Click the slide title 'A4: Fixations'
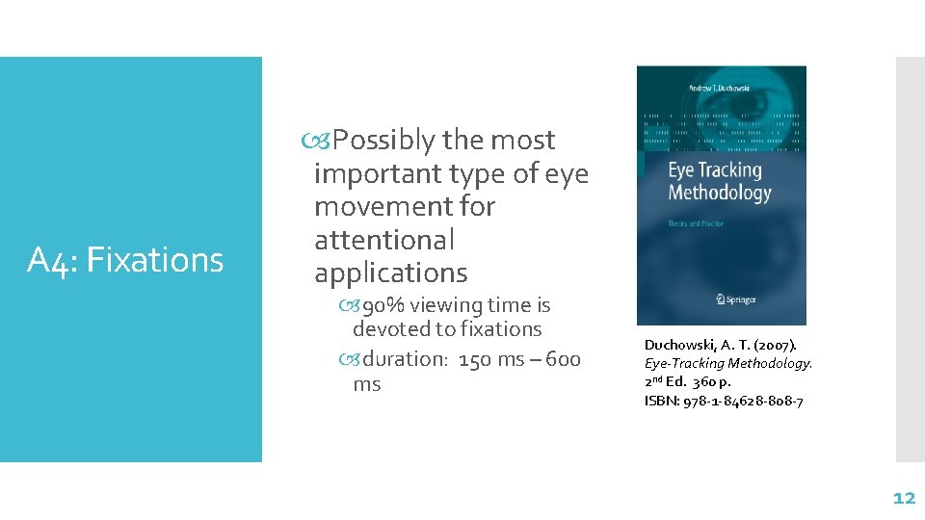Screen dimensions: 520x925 click(x=125, y=260)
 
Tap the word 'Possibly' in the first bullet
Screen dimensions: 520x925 click(x=384, y=141)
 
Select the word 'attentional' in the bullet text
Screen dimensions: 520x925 click(x=383, y=240)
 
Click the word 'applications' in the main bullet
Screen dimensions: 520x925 click(x=390, y=273)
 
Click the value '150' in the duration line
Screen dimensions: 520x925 click(x=476, y=360)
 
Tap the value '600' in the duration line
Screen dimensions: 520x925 click(x=562, y=360)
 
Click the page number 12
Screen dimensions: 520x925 click(x=903, y=498)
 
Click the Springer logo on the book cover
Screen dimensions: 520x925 click(x=722, y=299)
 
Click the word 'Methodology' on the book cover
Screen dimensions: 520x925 click(x=720, y=194)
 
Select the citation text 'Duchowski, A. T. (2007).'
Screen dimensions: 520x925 click(x=721, y=344)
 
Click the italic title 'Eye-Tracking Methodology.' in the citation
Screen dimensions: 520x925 click(x=728, y=363)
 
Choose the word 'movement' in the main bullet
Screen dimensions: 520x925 click(x=404, y=207)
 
